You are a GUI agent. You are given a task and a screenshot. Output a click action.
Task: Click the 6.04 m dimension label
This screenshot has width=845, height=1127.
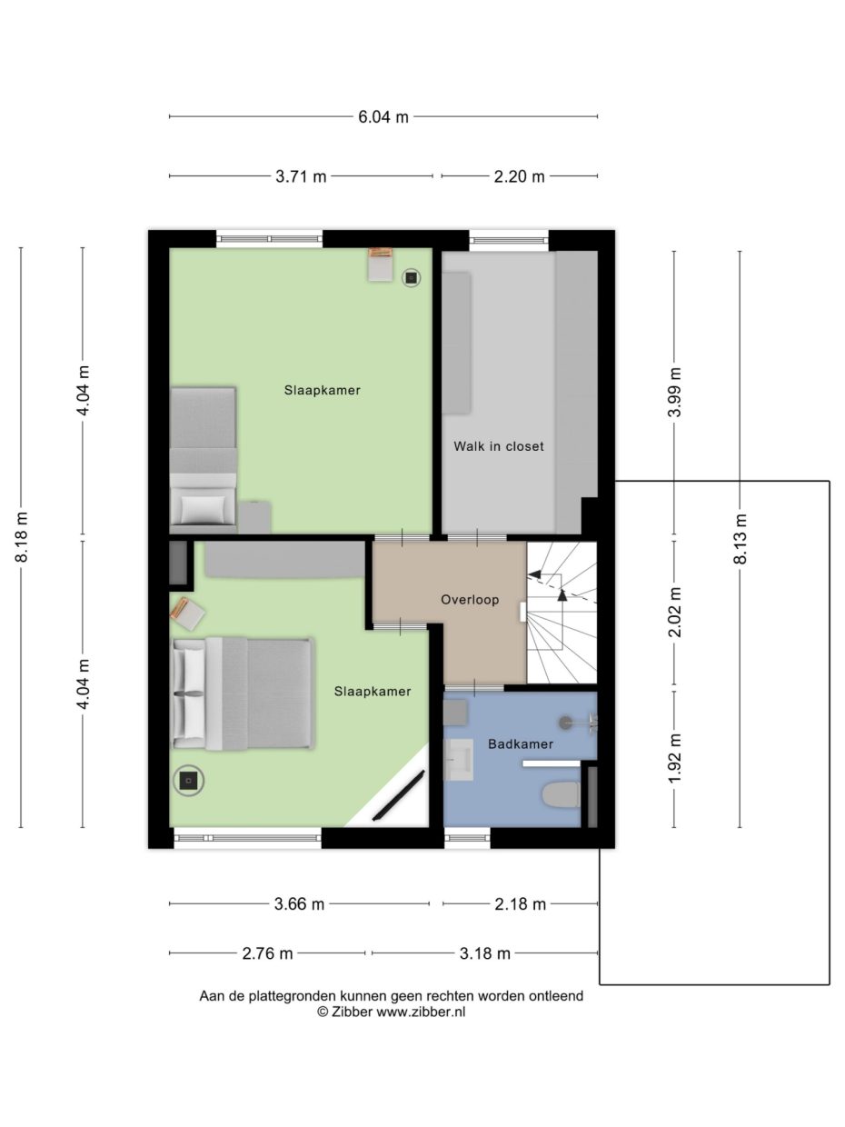click(383, 117)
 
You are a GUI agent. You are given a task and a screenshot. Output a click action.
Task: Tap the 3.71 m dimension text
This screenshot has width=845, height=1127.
click(301, 176)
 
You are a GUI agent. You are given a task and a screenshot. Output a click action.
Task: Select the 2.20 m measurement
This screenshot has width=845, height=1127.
click(519, 176)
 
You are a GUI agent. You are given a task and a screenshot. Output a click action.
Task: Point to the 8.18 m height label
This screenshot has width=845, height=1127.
click(22, 537)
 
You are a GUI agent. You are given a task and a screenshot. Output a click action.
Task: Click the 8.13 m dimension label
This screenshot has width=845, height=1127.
click(740, 539)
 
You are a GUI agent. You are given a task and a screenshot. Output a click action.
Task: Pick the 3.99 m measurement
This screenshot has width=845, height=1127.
click(675, 393)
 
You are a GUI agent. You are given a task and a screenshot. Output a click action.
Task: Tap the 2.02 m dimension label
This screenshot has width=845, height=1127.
click(675, 612)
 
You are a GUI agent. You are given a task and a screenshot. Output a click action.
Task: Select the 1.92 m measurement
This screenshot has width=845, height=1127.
click(675, 758)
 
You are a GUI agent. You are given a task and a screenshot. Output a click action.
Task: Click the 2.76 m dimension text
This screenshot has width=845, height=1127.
click(267, 953)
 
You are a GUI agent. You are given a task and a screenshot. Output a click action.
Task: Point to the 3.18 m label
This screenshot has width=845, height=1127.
click(485, 953)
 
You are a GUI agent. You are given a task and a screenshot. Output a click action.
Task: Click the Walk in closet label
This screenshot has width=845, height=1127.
click(498, 446)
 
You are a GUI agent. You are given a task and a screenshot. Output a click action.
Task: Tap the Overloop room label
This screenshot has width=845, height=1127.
click(470, 600)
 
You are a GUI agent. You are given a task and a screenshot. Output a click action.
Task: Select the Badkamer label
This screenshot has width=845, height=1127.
click(521, 744)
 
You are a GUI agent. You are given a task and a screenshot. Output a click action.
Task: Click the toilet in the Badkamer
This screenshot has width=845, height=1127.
click(562, 794)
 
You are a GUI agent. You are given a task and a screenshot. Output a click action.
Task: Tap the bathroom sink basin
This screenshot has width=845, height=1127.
click(458, 760)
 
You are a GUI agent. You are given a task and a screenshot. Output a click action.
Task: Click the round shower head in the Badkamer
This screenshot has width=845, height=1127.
click(565, 723)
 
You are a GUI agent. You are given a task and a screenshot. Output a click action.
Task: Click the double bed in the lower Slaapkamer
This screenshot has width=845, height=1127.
click(243, 693)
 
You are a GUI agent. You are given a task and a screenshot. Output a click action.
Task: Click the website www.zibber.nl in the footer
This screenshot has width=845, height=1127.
click(421, 1011)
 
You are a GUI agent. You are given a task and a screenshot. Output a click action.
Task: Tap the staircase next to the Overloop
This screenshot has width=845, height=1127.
click(562, 613)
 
